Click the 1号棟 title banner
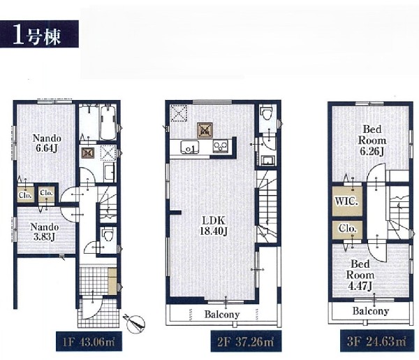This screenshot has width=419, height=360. (x=39, y=34)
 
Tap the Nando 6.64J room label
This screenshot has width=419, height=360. (x=47, y=143)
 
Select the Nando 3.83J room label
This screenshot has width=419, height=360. (x=45, y=232)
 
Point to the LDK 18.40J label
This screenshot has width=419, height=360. (x=214, y=226)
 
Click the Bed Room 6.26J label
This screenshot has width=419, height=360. (x=372, y=140)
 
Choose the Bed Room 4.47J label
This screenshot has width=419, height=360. (x=360, y=275)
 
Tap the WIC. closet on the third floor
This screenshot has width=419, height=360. (x=347, y=201)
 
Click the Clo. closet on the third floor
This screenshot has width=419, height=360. (x=347, y=229)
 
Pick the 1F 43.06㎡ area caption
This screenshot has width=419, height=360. (x=89, y=342)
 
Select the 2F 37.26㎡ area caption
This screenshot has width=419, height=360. (x=246, y=341)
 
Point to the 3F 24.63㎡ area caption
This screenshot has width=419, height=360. (x=376, y=341)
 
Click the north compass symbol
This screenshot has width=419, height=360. (x=135, y=323)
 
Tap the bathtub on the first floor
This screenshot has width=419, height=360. (x=108, y=122)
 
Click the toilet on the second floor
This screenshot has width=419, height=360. (x=266, y=115)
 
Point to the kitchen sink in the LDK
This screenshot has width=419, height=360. (x=190, y=147)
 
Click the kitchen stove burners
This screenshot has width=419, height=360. (x=221, y=147)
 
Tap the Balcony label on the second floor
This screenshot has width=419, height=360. (x=222, y=315)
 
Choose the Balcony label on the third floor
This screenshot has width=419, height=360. (x=370, y=311)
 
